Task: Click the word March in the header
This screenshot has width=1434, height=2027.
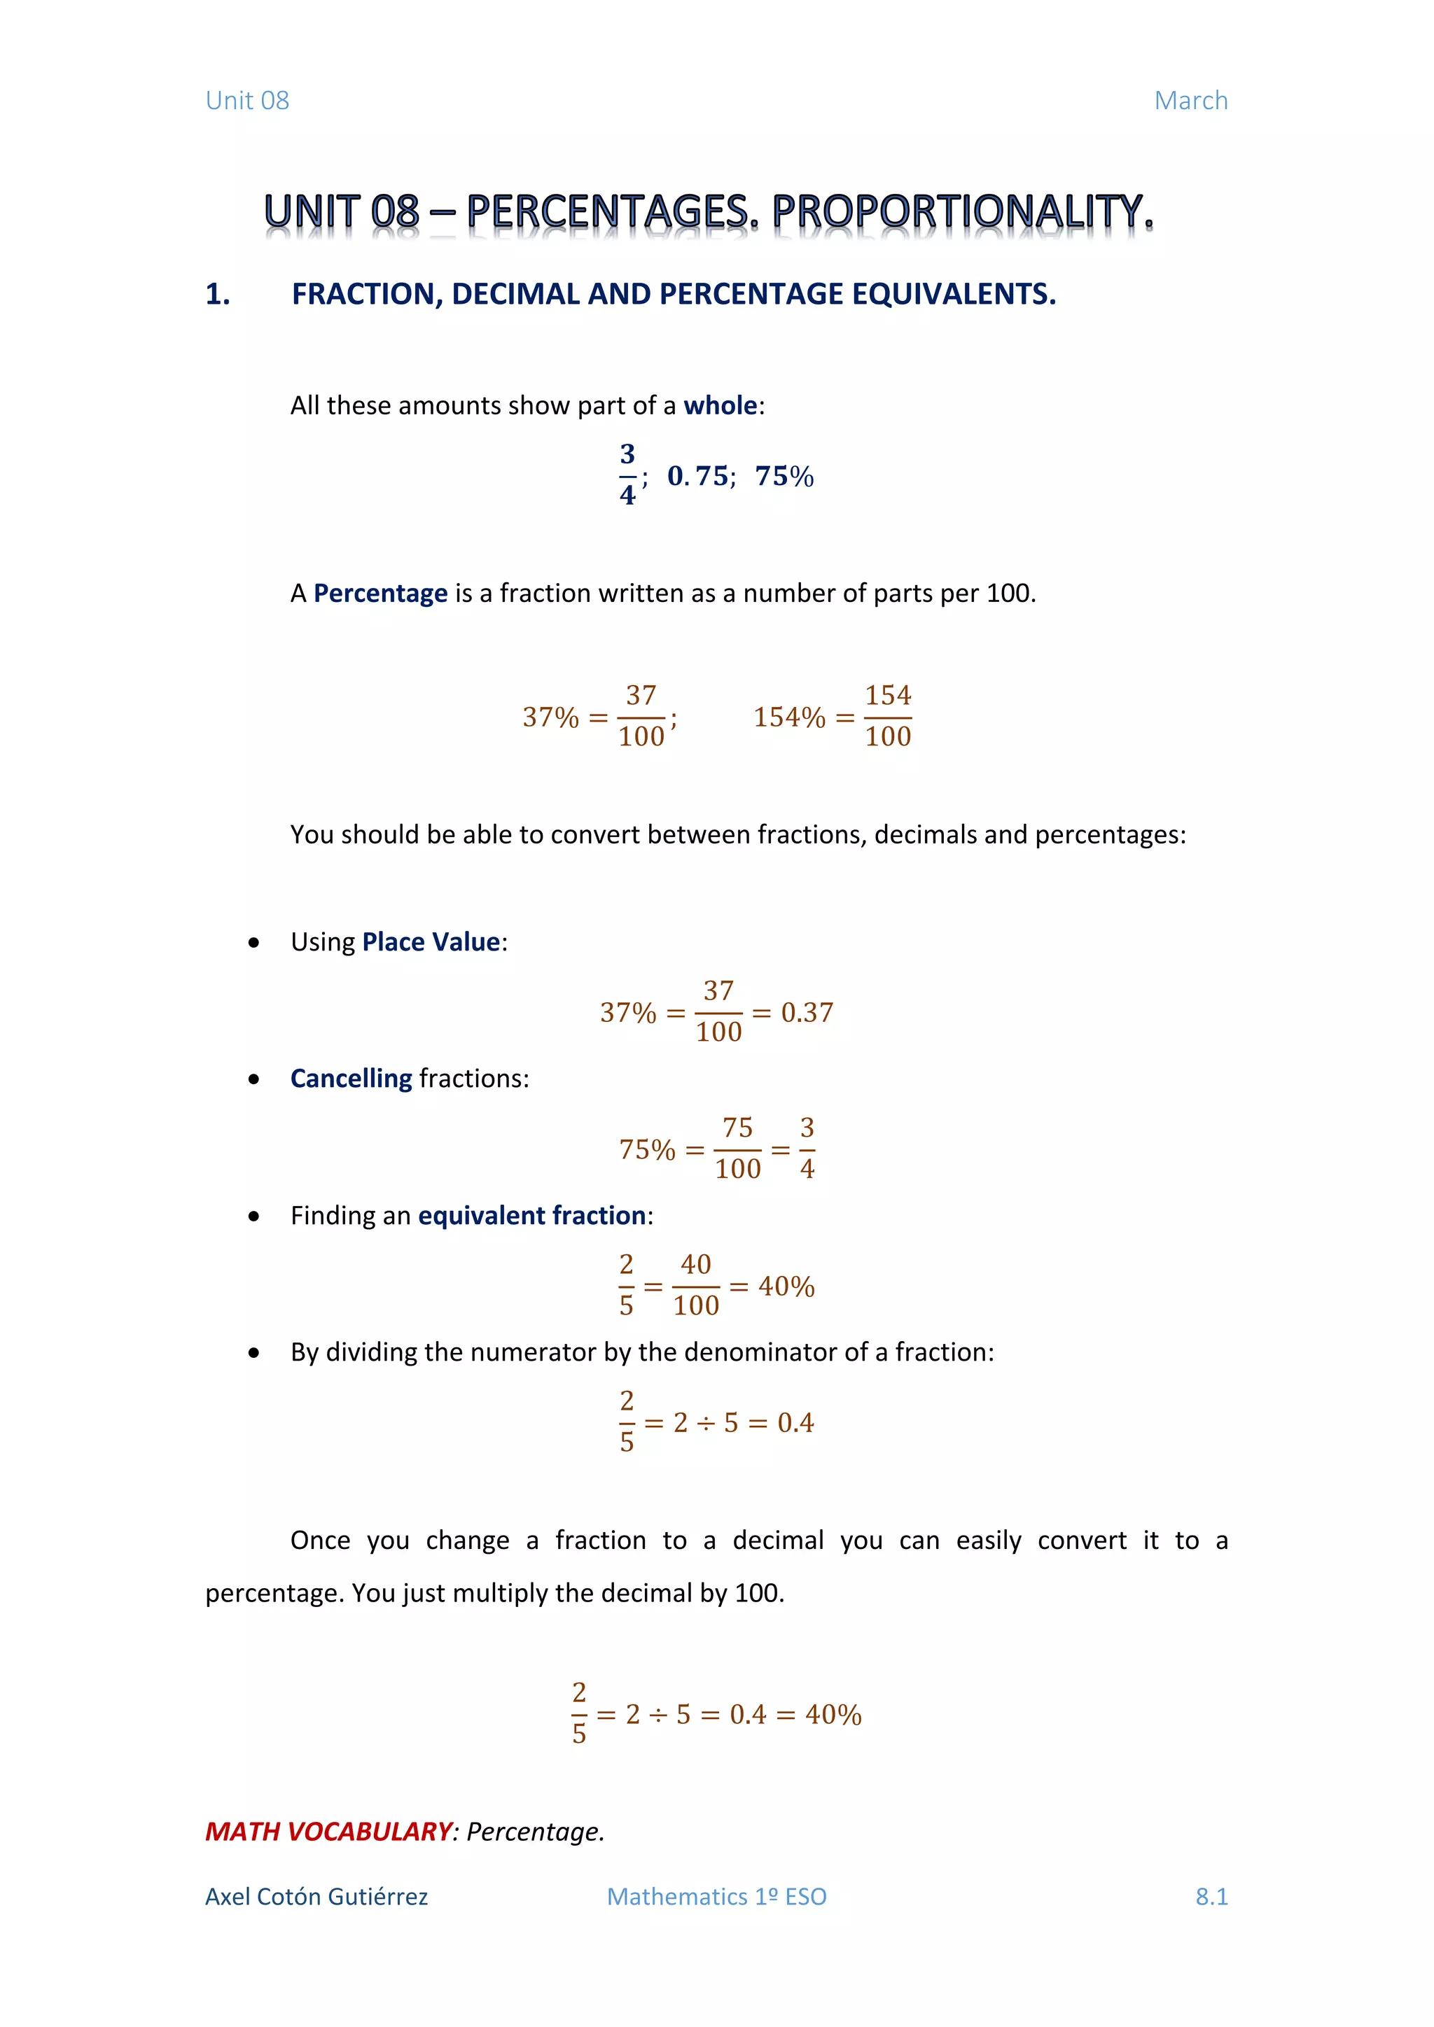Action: (x=1190, y=101)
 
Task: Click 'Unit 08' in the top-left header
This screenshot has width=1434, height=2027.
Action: (x=247, y=101)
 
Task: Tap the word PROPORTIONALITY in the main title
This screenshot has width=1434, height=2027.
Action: (x=963, y=212)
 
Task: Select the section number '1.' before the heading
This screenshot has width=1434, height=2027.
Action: (x=217, y=294)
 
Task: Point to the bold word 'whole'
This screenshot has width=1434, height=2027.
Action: (x=720, y=405)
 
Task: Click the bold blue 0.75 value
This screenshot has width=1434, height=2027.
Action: (x=697, y=476)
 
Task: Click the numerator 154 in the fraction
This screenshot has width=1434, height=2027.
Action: (x=887, y=696)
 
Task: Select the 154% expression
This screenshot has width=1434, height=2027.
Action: (x=788, y=717)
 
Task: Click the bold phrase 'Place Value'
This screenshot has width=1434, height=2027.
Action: (x=431, y=942)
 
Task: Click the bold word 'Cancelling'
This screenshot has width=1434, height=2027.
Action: (x=351, y=1078)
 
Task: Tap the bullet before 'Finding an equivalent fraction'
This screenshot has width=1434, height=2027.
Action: (x=254, y=1216)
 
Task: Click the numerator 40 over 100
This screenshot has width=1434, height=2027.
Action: (x=696, y=1264)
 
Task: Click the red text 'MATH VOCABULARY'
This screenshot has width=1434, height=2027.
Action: (x=328, y=1832)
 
